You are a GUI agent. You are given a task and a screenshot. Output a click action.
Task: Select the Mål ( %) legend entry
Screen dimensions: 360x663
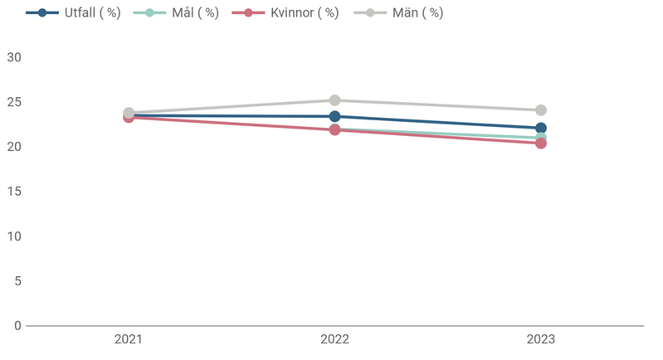tap(176, 13)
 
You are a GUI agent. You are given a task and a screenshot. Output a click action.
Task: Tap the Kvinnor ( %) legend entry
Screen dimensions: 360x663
tap(285, 13)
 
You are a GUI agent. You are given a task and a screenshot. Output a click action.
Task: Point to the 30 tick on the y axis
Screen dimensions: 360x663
tap(13, 57)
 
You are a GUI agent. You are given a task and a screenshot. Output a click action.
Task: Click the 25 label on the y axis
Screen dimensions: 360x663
tap(13, 102)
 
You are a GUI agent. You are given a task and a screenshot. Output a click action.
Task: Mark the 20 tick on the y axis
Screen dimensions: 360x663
tap(13, 147)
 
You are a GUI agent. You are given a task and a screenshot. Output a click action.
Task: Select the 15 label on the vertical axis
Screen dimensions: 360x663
tap(13, 192)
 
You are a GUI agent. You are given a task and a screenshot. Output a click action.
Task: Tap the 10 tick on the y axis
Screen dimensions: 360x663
tap(13, 236)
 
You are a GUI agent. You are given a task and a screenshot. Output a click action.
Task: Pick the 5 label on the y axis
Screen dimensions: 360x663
tap(17, 281)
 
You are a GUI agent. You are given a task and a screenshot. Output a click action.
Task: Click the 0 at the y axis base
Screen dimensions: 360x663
tap(17, 326)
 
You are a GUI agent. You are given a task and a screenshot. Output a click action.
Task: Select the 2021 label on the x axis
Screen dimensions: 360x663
tap(129, 340)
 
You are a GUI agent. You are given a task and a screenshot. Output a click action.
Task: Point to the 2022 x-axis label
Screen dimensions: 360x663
tap(334, 340)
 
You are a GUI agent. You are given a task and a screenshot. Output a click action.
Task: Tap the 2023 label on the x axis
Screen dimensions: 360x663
tap(540, 340)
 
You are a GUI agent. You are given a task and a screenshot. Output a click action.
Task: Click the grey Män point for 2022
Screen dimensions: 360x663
tap(334, 100)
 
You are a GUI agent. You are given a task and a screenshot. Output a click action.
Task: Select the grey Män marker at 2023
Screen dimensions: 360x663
tap(540, 110)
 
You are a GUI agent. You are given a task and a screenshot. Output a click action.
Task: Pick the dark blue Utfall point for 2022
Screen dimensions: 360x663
tap(334, 116)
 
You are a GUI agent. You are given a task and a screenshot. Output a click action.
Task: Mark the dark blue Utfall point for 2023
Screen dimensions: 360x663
tap(540, 128)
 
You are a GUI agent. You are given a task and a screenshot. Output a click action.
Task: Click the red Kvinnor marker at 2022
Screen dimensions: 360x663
tap(334, 130)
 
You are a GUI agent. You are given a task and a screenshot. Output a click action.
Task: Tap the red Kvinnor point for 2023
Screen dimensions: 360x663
tap(540, 144)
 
